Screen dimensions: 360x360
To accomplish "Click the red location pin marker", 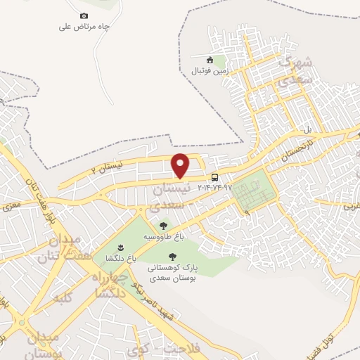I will click(181, 165).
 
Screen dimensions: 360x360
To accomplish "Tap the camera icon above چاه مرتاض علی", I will click(84, 15).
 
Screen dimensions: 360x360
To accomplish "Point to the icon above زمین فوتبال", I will click(210, 60).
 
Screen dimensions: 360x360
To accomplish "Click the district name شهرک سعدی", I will click(296, 72).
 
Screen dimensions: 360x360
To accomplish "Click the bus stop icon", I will click(214, 177).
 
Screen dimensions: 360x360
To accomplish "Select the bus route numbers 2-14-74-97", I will click(214, 188).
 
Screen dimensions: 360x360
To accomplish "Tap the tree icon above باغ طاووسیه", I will click(164, 226).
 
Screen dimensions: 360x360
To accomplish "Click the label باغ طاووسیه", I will click(159, 237).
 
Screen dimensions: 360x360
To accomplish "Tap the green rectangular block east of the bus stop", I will click(252, 191).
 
